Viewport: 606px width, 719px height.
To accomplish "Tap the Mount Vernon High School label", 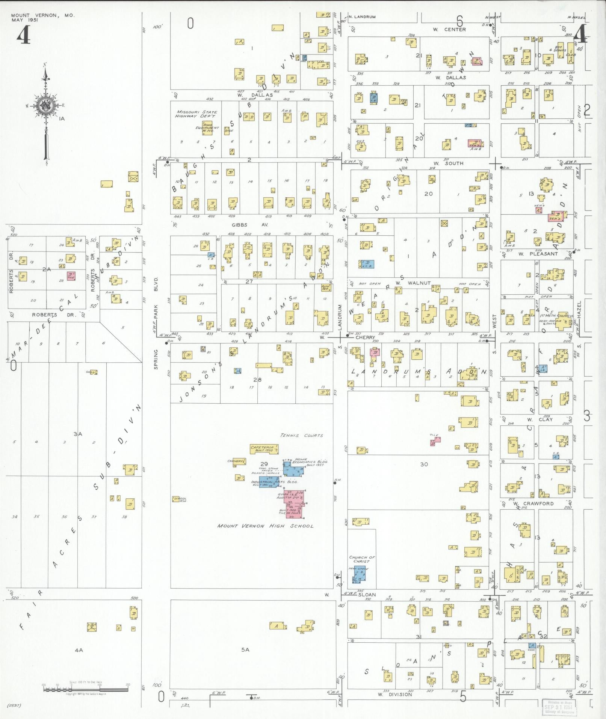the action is (265, 526).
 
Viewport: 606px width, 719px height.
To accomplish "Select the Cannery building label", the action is (236, 461).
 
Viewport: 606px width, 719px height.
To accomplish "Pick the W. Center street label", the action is (449, 29).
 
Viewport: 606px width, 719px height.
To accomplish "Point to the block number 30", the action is (424, 464).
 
